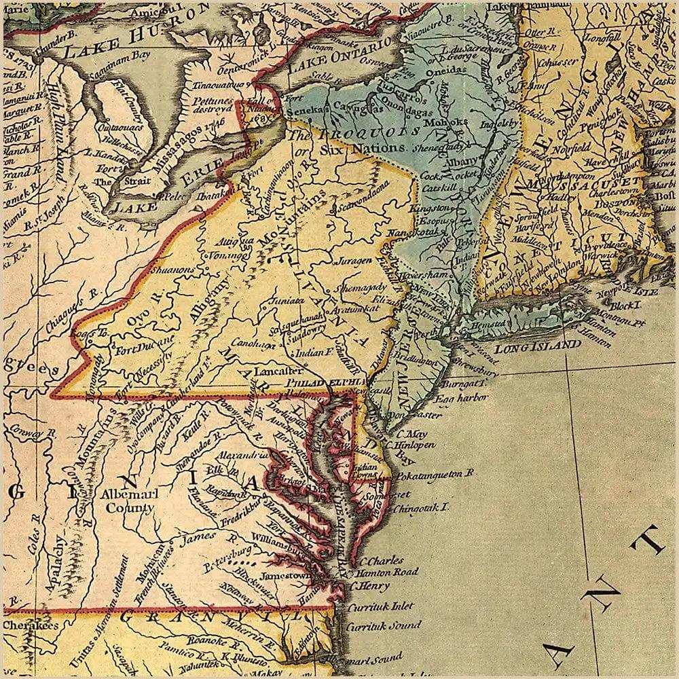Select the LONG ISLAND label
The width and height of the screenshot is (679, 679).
(x=537, y=347)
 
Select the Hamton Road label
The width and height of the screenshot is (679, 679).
(x=387, y=572)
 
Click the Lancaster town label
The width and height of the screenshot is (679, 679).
(x=276, y=371)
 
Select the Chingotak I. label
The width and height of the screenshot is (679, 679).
(x=422, y=507)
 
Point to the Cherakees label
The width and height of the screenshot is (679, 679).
(x=30, y=625)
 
